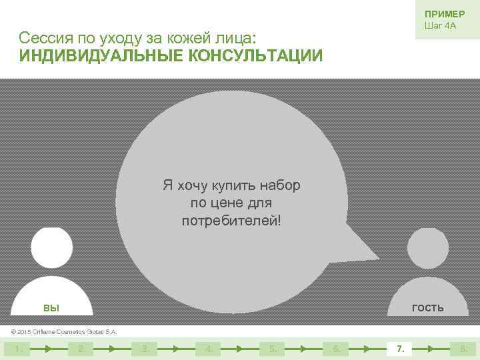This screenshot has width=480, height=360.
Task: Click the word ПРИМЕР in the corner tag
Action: point(444,14)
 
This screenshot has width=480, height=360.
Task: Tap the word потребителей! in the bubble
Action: point(231,220)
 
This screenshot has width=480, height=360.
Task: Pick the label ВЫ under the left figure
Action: point(51,308)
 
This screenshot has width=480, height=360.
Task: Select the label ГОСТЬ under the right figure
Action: point(427,307)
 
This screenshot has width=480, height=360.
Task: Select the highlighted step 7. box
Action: point(400,348)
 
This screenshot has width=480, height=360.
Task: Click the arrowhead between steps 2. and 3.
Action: point(113,348)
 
